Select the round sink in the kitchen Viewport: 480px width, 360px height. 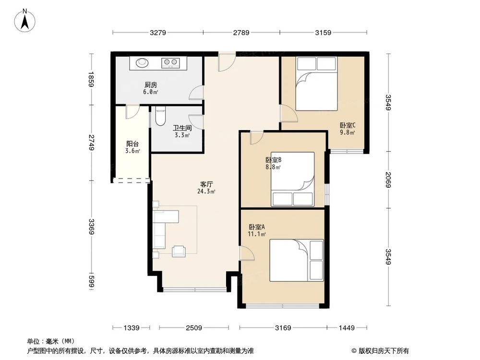[142, 62]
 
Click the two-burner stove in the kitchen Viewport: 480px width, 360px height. [170, 62]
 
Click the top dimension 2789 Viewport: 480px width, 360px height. [241, 33]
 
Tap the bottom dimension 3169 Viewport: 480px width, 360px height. [283, 328]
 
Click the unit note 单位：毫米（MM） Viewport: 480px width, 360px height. [49, 341]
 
